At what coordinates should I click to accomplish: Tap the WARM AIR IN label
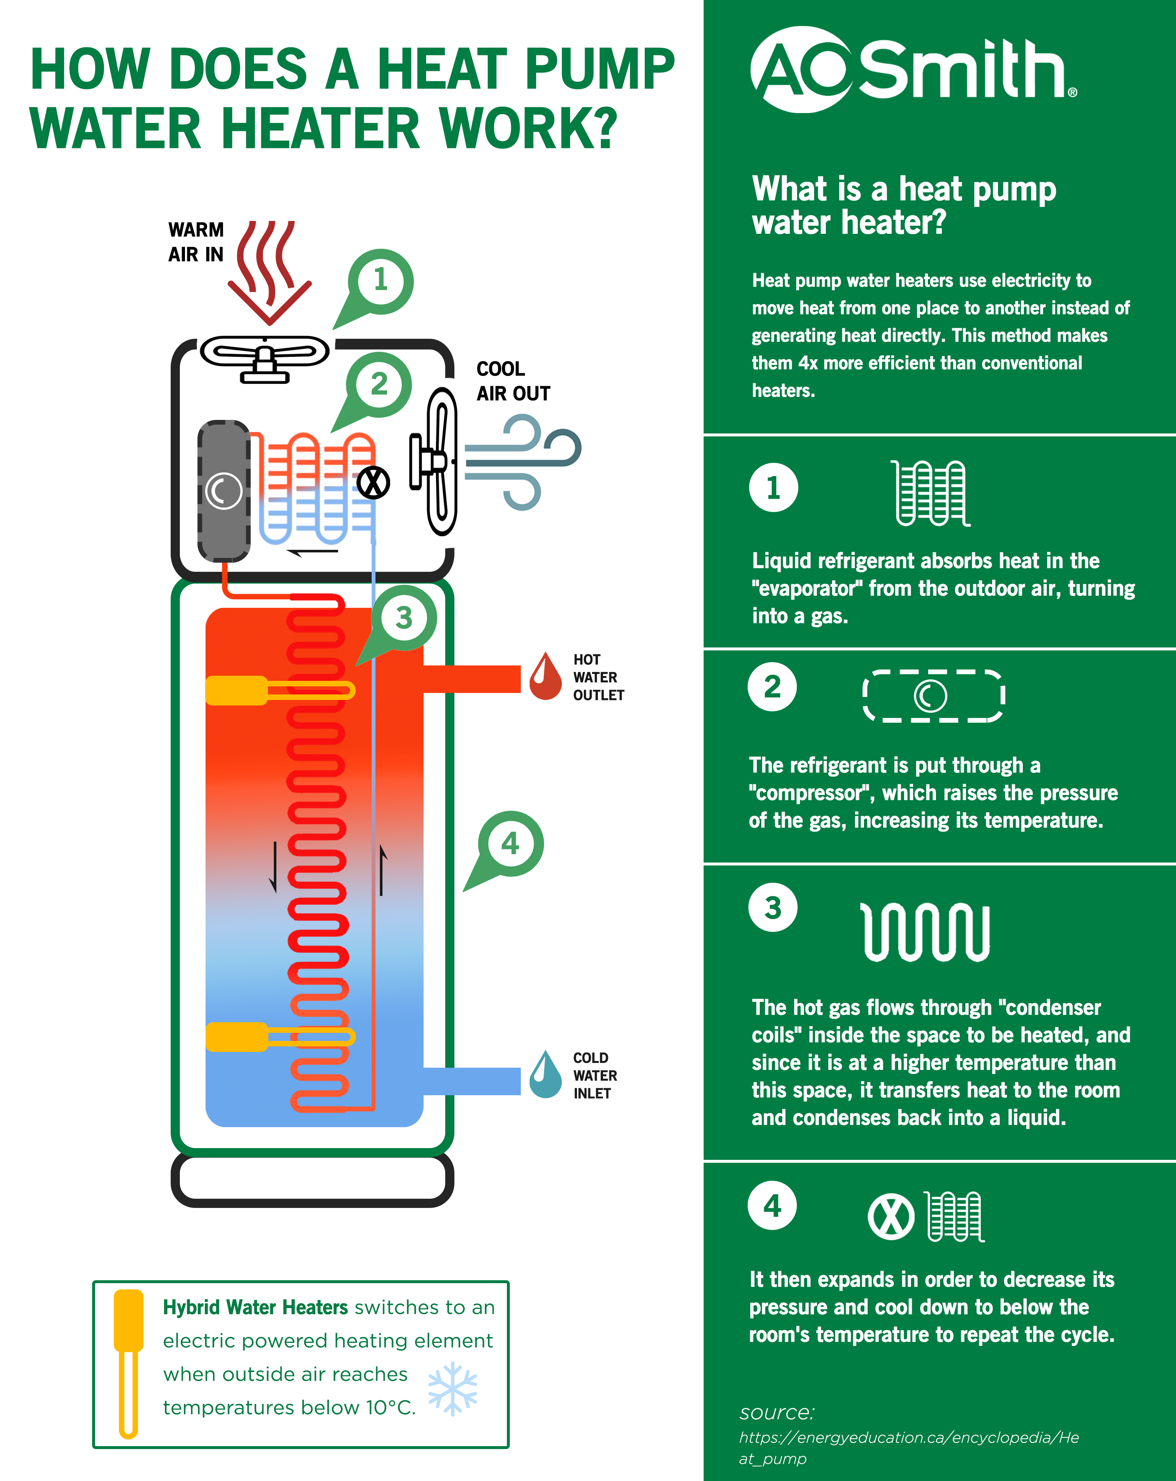pyautogui.click(x=196, y=242)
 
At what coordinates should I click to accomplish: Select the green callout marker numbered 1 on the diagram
pyautogui.click(x=380, y=281)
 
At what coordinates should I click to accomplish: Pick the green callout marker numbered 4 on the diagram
pyautogui.click(x=510, y=843)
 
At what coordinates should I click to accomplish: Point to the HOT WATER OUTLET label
pyautogui.click(x=598, y=677)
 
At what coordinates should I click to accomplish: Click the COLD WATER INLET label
pyautogui.click(x=595, y=1076)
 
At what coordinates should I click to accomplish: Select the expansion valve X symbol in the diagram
pyautogui.click(x=373, y=483)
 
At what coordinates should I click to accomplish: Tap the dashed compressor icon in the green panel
pyautogui.click(x=933, y=696)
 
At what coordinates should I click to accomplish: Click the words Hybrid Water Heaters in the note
pyautogui.click(x=255, y=1307)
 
